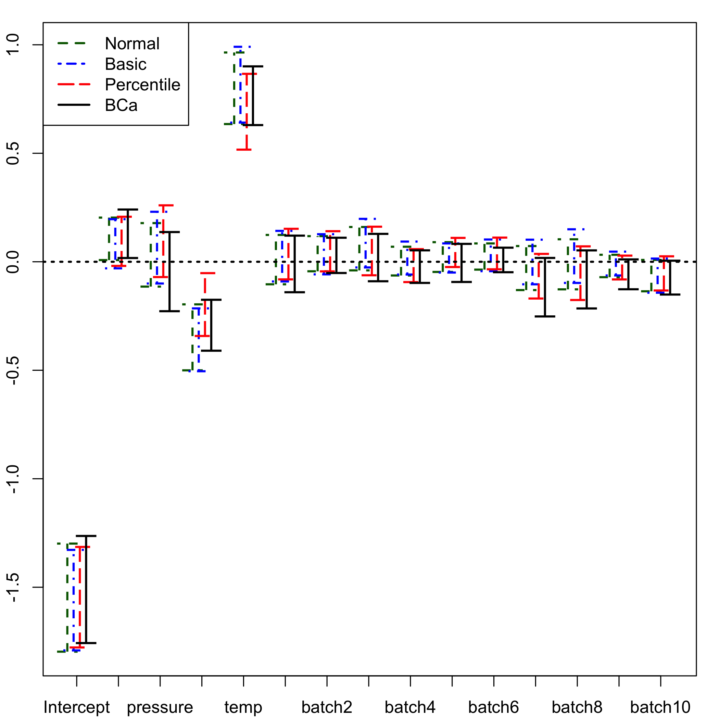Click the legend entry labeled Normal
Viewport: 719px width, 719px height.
point(132,43)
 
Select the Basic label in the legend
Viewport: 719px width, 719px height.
point(125,64)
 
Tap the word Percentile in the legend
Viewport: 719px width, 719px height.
point(142,85)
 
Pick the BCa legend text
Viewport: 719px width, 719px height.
point(121,105)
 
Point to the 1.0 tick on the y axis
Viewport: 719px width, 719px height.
point(13,45)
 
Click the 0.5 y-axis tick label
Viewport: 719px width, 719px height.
point(13,153)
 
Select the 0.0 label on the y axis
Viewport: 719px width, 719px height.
point(13,262)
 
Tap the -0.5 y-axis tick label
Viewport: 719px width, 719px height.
point(13,370)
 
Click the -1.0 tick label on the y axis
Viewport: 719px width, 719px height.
point(13,479)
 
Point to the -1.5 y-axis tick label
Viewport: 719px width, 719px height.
point(13,587)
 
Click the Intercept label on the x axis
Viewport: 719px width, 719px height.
point(77,707)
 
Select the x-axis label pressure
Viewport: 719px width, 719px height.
point(160,707)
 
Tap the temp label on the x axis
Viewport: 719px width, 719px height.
point(243,707)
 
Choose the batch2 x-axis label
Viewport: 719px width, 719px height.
point(327,707)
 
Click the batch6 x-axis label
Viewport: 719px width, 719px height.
point(493,707)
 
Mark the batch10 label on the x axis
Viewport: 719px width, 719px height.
point(660,707)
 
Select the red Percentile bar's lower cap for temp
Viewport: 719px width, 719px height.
point(244,150)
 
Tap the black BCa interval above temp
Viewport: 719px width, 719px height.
point(253,96)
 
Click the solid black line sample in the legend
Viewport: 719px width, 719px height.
point(74,105)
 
